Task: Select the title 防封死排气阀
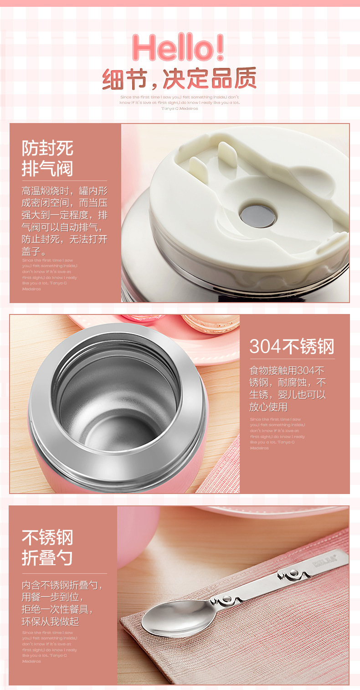[47, 158]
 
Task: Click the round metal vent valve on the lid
[258, 216]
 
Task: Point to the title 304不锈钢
[292, 346]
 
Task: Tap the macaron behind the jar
[211, 323]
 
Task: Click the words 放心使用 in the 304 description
[268, 407]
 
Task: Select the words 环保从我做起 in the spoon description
[51, 621]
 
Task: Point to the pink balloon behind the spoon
[137, 533]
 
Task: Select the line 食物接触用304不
[287, 371]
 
